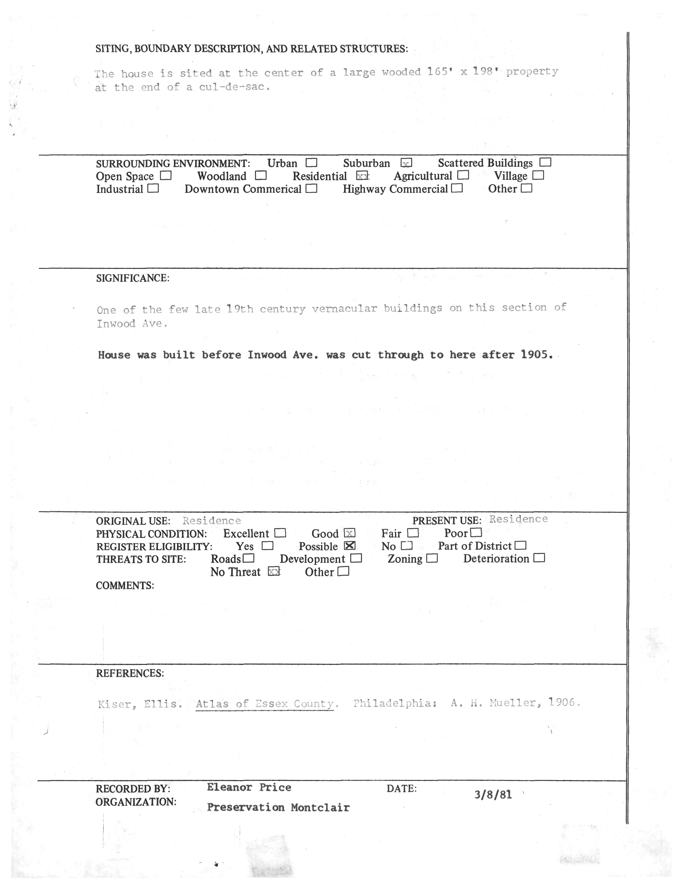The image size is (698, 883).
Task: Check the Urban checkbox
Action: tap(311, 163)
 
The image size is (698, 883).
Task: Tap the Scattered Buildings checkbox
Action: tap(545, 162)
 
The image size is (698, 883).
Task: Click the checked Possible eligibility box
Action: tap(350, 546)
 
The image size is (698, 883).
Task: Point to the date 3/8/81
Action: tap(493, 794)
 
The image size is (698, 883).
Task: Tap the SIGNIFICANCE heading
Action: tap(132, 278)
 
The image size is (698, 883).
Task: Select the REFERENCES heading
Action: tap(130, 673)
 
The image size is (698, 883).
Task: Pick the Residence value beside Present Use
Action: tap(518, 519)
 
